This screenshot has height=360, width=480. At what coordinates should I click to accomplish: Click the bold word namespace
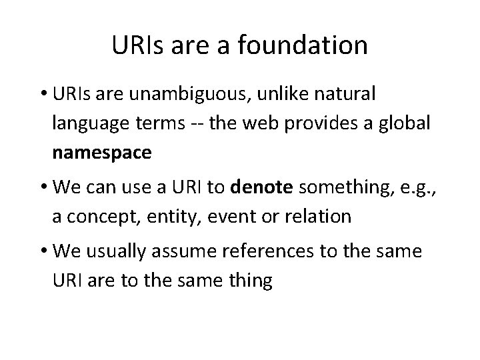coord(101,153)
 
